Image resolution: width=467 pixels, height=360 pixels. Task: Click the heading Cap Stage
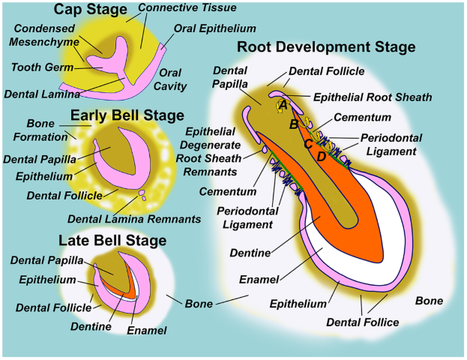click(90, 9)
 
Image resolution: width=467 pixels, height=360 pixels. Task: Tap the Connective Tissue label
click(187, 7)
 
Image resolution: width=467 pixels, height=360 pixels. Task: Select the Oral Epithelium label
click(214, 28)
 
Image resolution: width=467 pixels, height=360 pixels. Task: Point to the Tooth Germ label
click(42, 67)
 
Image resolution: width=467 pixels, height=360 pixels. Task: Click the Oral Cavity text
click(170, 79)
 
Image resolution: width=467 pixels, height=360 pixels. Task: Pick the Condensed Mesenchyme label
click(44, 34)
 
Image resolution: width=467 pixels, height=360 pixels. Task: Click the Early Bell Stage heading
click(127, 115)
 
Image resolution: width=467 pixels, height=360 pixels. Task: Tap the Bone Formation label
click(40, 130)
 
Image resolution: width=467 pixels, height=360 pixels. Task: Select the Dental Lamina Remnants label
click(134, 219)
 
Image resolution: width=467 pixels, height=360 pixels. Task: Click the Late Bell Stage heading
click(112, 240)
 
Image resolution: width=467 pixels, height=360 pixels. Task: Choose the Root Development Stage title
click(326, 46)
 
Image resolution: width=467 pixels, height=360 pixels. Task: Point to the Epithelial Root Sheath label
click(373, 97)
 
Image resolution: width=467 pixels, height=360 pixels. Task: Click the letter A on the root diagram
click(283, 105)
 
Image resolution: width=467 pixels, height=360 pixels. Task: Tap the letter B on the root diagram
click(294, 124)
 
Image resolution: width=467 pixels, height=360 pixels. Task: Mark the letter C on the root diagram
click(308, 144)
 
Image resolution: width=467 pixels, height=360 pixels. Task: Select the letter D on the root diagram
click(321, 157)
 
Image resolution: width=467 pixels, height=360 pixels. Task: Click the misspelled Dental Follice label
click(363, 322)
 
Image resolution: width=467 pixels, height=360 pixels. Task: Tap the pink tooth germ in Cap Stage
click(110, 59)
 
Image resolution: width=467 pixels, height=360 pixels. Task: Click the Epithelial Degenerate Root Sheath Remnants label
click(209, 151)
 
